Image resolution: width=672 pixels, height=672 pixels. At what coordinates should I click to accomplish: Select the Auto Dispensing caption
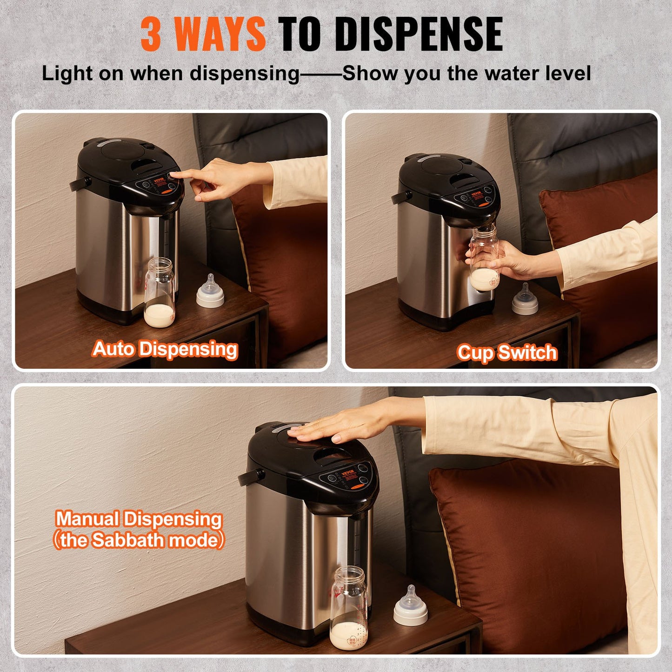tap(165, 349)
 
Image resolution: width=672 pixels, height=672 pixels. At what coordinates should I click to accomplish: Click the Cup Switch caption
tap(506, 353)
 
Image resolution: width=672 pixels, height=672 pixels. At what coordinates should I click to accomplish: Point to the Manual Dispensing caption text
tap(139, 519)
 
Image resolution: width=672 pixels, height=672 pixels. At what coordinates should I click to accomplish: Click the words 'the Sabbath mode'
tap(139, 540)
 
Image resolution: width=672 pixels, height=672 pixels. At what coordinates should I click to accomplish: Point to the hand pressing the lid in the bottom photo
tap(335, 428)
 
